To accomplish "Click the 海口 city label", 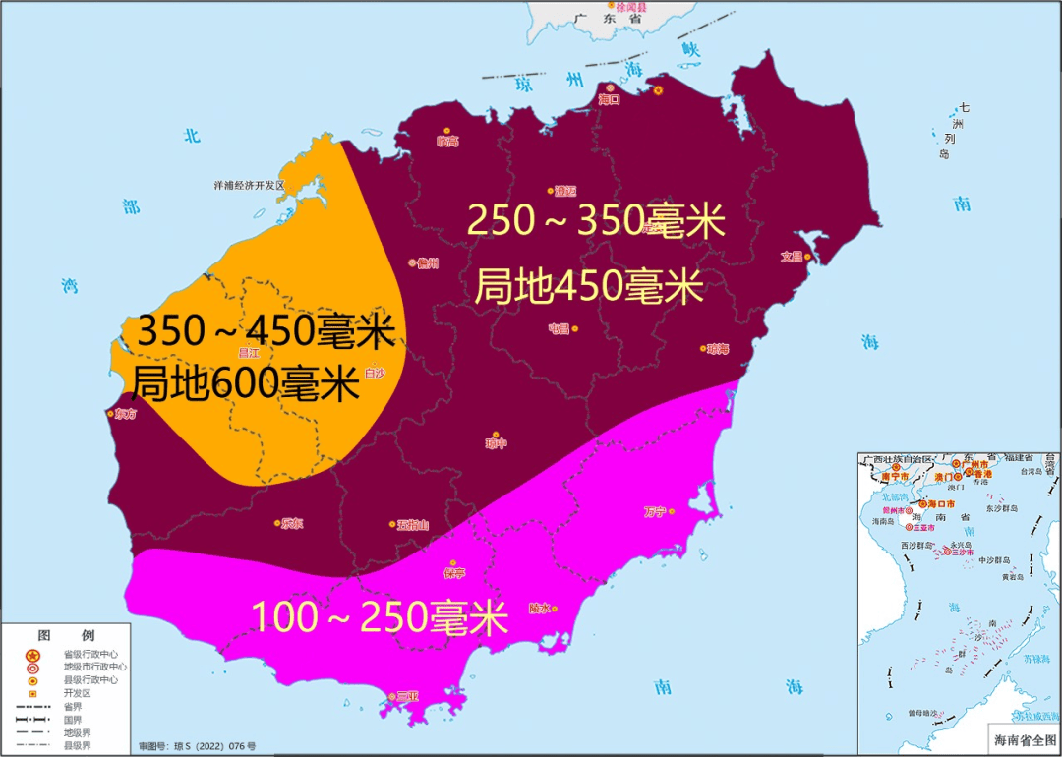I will [610, 99].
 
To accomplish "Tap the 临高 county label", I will [447, 142].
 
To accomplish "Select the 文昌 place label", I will [793, 257].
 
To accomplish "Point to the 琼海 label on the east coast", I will [718, 349].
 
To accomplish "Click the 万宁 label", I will [655, 511].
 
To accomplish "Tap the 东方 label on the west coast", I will [126, 414].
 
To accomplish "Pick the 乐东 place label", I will [292, 524].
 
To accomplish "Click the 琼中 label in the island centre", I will [497, 444].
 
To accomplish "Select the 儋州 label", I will [427, 263].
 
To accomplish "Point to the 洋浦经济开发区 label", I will [249, 185].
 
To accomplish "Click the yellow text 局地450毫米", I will [588, 287].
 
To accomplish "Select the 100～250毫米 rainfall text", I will [380, 617].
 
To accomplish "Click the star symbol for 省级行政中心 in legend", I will [32, 655].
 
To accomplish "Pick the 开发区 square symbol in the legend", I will [32, 693].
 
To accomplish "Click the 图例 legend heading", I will [66, 636].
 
